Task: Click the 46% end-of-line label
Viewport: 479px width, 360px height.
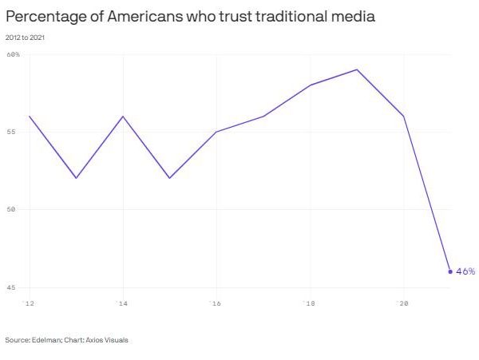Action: tap(465, 271)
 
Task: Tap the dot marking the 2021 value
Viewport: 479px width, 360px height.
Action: tap(450, 271)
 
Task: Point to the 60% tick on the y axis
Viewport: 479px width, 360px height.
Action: tap(13, 54)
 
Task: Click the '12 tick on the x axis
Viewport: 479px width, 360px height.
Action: tap(29, 303)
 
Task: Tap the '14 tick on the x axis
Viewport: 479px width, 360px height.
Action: tap(122, 303)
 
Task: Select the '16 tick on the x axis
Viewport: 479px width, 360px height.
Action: tap(216, 303)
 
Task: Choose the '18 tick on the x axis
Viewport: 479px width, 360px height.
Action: tap(309, 303)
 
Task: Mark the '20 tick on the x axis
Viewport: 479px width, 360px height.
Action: tap(402, 303)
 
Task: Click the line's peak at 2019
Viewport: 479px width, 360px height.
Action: tap(357, 69)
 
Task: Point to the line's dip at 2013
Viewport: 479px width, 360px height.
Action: tap(76, 178)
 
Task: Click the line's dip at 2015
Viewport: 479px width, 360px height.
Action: tap(169, 178)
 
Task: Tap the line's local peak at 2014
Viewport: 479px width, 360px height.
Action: tap(123, 117)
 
